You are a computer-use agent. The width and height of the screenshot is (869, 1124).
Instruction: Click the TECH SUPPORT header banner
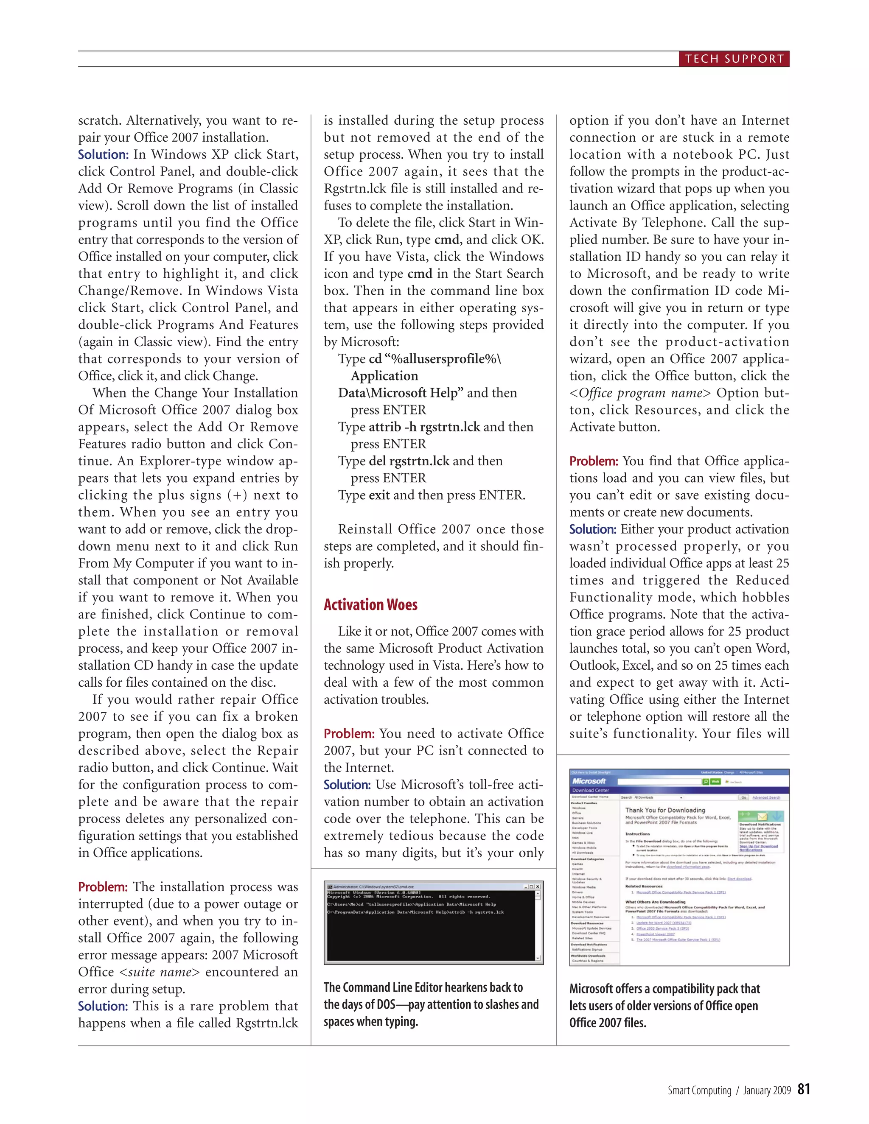[734, 59]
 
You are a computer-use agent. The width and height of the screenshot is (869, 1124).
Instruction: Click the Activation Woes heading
[370, 605]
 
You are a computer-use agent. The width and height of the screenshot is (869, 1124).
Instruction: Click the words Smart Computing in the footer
[699, 1090]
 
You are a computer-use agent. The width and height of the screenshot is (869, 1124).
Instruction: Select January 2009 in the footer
[767, 1090]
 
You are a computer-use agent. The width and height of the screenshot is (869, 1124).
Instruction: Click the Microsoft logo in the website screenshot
[589, 781]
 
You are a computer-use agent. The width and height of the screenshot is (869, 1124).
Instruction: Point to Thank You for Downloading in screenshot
[664, 810]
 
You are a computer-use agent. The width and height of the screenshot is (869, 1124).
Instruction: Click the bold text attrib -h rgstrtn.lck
[424, 427]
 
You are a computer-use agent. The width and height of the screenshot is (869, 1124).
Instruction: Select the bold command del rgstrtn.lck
[409, 461]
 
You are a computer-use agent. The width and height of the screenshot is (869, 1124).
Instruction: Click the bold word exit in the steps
[379, 495]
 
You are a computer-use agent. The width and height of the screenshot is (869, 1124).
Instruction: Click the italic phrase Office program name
[640, 393]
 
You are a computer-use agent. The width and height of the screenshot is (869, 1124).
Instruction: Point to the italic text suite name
[159, 972]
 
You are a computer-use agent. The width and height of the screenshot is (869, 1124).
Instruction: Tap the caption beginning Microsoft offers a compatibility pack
[664, 1006]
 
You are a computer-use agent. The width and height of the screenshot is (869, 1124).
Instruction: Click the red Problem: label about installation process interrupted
[102, 887]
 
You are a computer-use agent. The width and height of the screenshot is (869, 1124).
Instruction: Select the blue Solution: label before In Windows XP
[103, 155]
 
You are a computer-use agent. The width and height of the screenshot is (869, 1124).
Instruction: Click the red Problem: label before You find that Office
[594, 461]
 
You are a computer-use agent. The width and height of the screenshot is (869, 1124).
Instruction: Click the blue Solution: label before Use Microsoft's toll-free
[347, 785]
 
